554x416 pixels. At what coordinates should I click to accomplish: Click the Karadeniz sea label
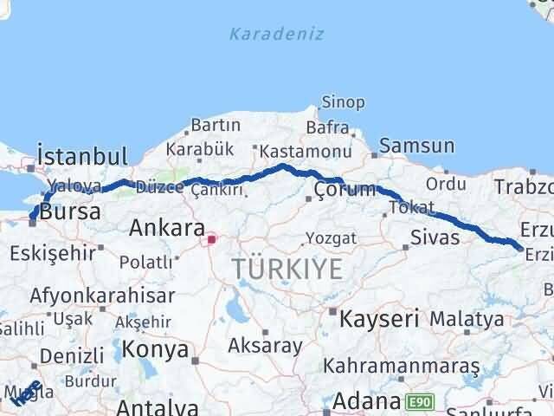coord(277,35)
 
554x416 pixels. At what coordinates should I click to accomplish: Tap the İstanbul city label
coord(81,157)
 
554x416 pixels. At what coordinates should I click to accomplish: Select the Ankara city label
coord(166,229)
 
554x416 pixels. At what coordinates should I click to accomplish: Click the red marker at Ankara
coord(210,236)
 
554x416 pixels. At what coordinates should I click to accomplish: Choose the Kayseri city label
coord(380,318)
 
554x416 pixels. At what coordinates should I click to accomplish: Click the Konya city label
coord(156,349)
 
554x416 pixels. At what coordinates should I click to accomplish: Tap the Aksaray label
coord(266,345)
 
